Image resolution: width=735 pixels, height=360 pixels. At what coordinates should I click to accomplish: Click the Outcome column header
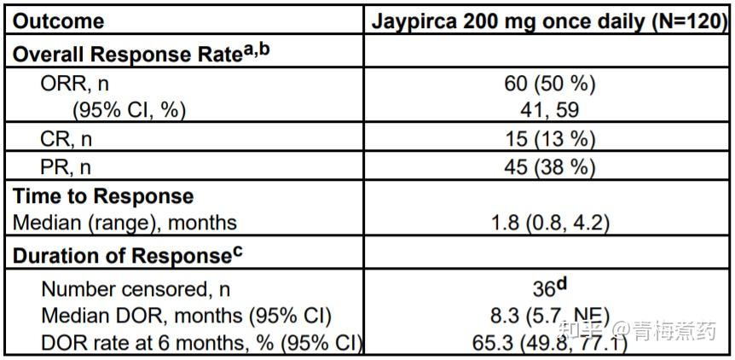59,20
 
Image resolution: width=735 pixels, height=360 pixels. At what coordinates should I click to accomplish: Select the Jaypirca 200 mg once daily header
512,20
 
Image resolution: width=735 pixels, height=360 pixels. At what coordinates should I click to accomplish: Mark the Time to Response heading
103,197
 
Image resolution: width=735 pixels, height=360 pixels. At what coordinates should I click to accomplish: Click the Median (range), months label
124,224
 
